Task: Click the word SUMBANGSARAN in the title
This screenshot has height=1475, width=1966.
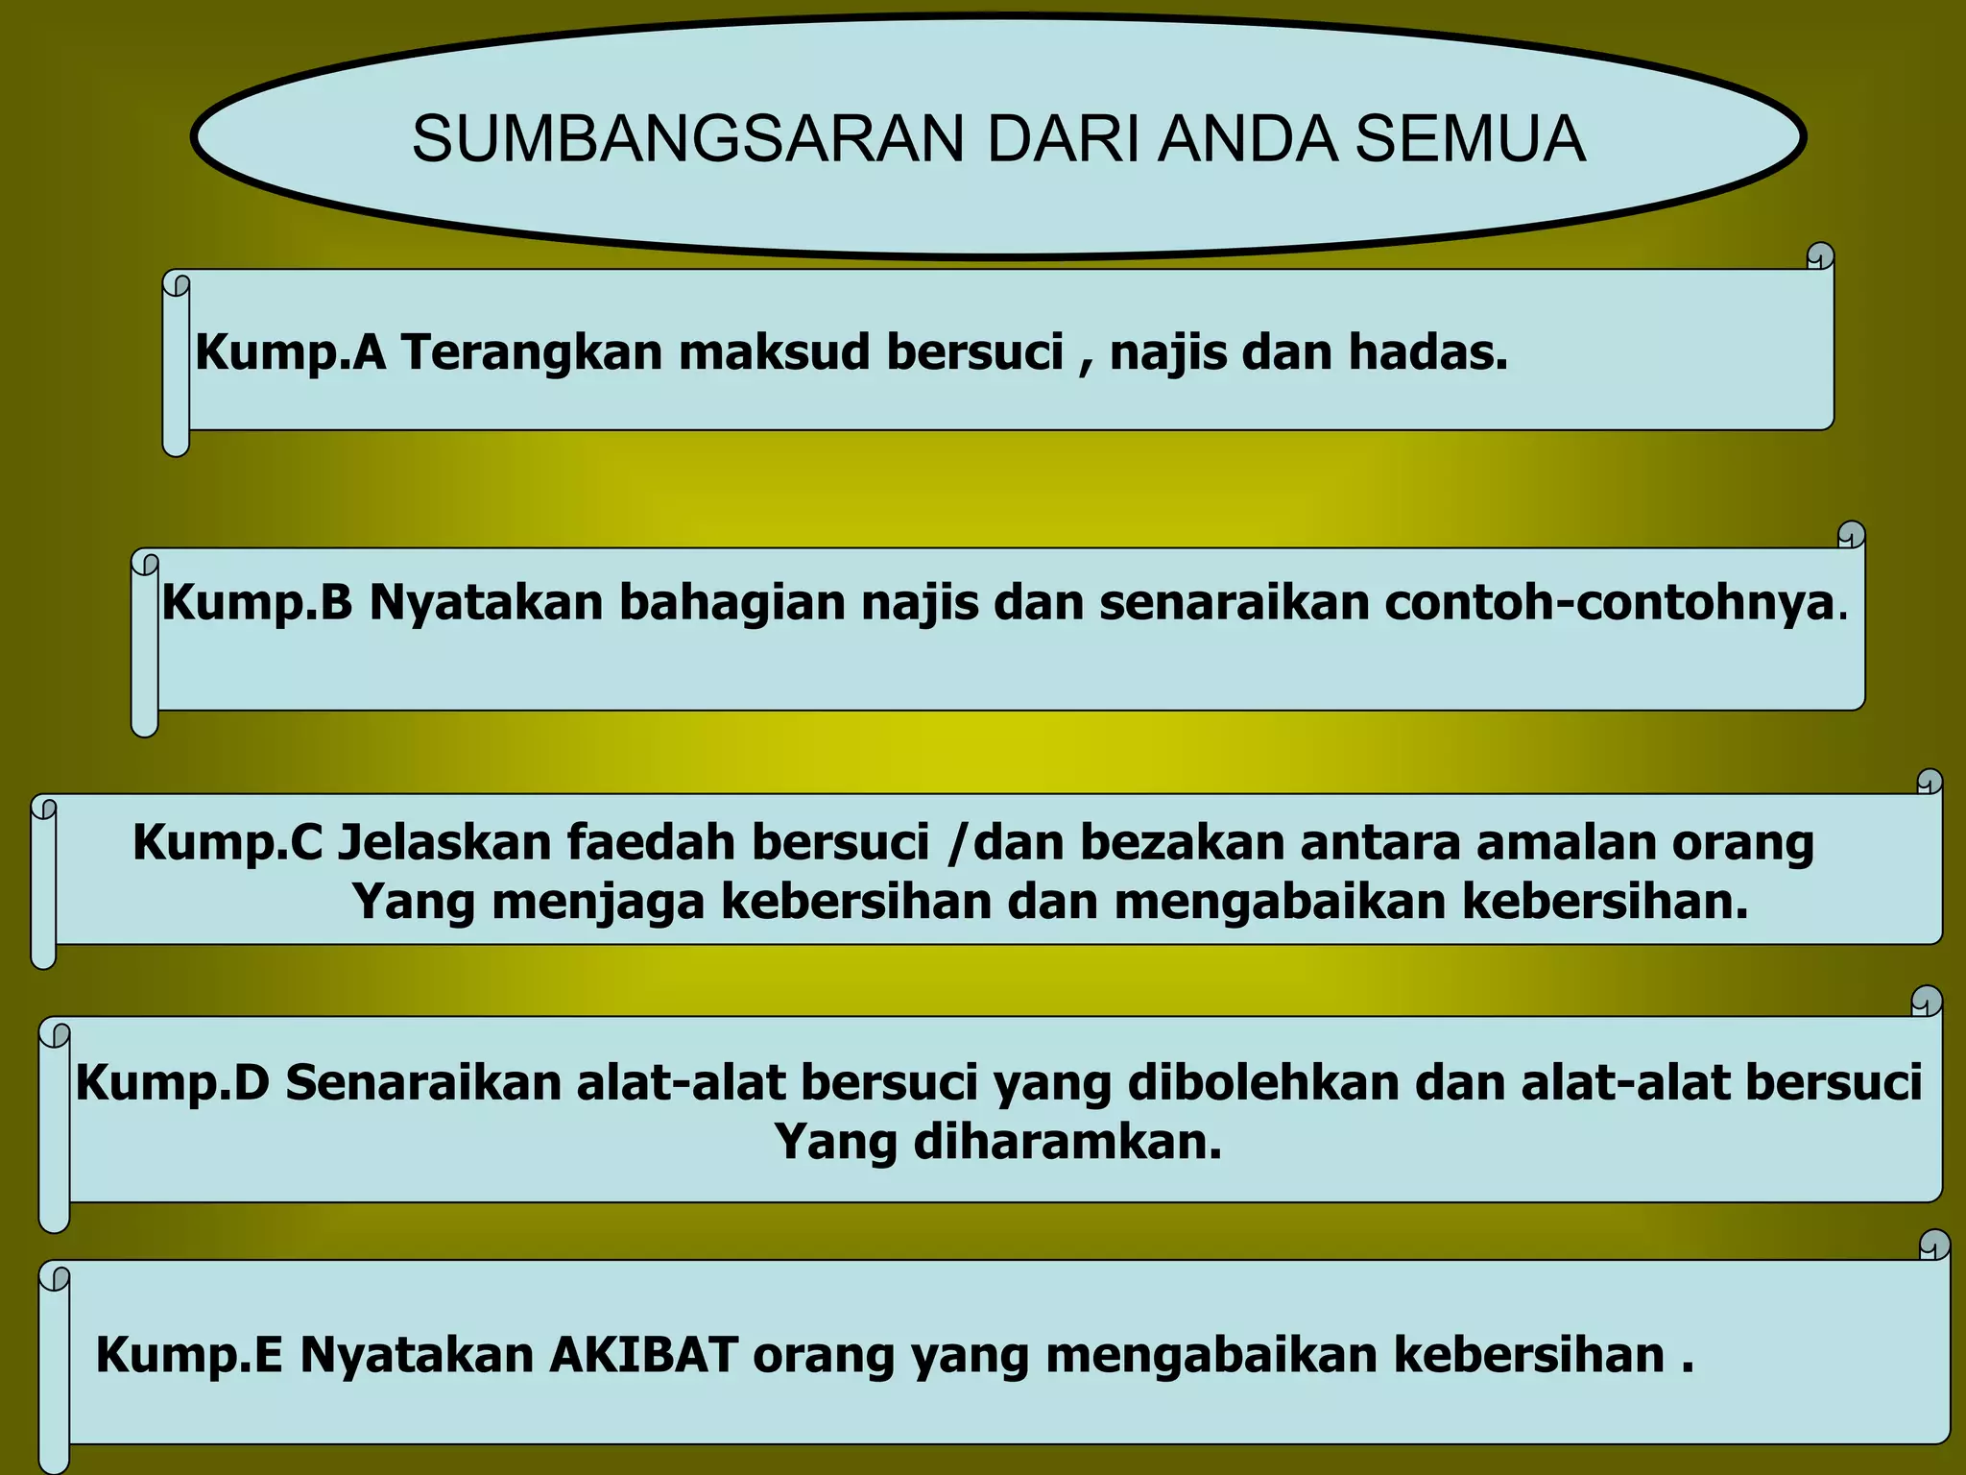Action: (687, 139)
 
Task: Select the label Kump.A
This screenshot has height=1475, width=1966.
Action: (290, 352)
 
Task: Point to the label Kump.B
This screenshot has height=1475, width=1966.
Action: (257, 603)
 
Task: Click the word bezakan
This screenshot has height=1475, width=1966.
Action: (1182, 843)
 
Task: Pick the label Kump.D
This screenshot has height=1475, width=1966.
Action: (173, 1083)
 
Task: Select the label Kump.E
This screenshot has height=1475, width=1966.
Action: (189, 1356)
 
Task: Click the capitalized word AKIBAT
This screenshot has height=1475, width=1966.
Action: (644, 1356)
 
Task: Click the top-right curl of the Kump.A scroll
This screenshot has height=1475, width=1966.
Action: (1820, 256)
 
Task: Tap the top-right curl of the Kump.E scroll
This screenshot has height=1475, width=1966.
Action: (1934, 1245)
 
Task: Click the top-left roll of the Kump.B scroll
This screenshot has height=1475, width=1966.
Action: (145, 562)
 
